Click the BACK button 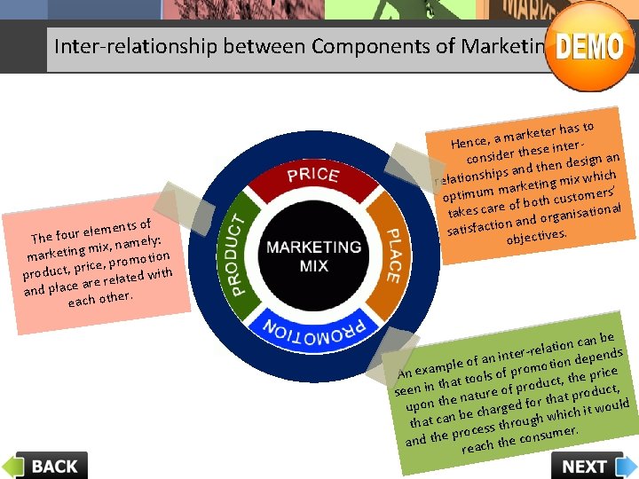45,465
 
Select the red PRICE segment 312,176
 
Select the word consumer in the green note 548,434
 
